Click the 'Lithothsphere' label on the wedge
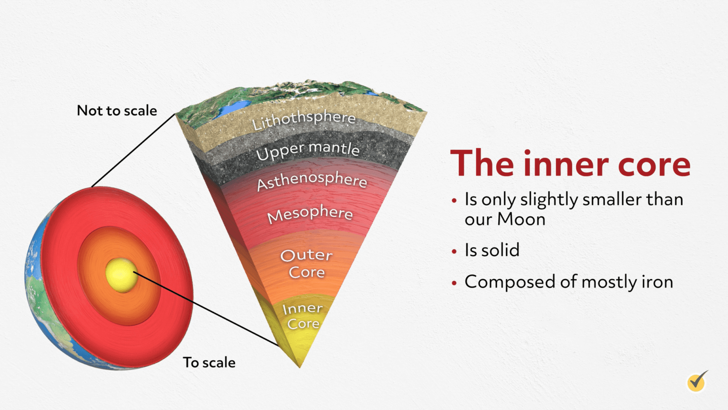click(304, 120)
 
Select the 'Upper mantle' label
click(308, 150)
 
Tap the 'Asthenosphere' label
click(312, 181)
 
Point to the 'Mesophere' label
click(310, 214)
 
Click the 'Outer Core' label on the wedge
click(307, 263)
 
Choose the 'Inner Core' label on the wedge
click(303, 316)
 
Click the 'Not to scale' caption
click(117, 111)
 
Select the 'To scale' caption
click(209, 363)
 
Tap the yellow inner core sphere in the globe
click(120, 275)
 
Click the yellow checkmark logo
click(697, 381)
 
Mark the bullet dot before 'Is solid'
click(454, 251)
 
